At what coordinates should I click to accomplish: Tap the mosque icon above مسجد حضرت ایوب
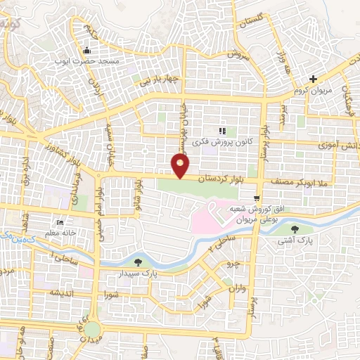tap(87, 50)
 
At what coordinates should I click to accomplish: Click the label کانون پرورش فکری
tap(226, 141)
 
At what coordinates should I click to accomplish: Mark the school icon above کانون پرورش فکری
tap(223, 130)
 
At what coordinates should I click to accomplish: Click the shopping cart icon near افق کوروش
tap(259, 199)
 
